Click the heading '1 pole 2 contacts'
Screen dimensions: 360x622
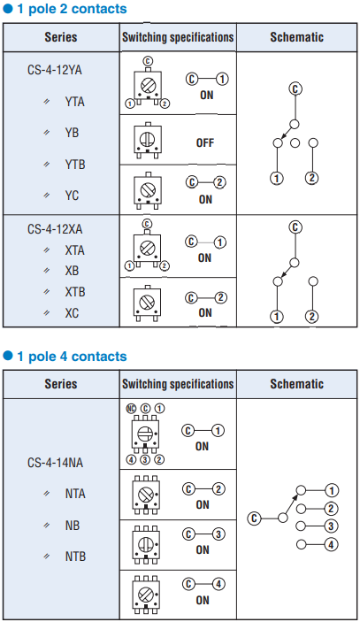[x=72, y=9]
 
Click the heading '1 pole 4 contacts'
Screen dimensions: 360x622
[x=72, y=357]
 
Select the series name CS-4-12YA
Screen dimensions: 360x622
[x=55, y=70]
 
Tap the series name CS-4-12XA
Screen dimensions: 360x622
[x=55, y=229]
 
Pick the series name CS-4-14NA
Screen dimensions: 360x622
[x=55, y=463]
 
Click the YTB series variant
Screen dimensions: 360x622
[x=75, y=165]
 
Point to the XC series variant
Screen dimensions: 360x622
[x=72, y=313]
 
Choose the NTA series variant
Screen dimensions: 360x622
[x=75, y=494]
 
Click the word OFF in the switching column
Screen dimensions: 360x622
[x=205, y=142]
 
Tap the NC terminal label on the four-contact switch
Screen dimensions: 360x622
[x=131, y=409]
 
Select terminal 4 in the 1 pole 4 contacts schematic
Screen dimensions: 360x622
[x=331, y=544]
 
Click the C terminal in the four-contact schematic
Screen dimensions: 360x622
[x=254, y=518]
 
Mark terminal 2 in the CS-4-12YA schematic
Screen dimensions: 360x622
[x=312, y=179]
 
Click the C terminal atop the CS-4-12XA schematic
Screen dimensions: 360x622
[x=295, y=227]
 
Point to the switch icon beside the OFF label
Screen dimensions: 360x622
[x=147, y=140]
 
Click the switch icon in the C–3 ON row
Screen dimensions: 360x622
[x=147, y=545]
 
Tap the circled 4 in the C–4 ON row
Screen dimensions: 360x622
[x=218, y=584]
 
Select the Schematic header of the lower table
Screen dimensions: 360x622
[x=297, y=384]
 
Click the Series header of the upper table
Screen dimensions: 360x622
[x=61, y=37]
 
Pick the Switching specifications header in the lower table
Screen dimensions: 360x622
[x=178, y=384]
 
